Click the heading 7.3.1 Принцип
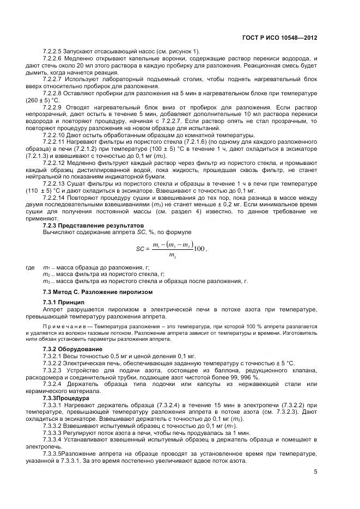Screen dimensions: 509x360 (63, 302)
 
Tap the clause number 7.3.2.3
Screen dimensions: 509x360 (54, 370)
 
